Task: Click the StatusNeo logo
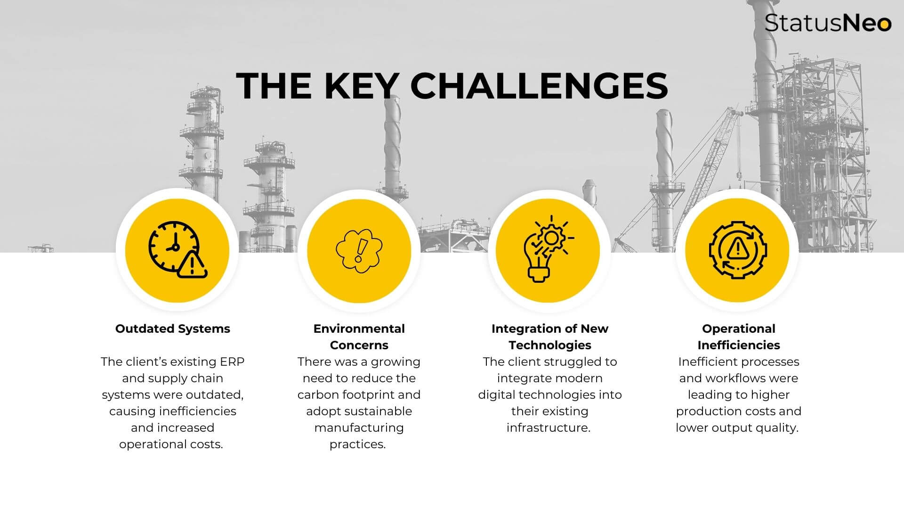pos(828,23)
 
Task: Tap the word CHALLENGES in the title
pos(539,86)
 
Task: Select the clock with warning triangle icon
pos(178,250)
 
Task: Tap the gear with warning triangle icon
pos(738,250)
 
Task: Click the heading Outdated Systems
pos(173,328)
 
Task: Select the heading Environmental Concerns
pos(359,337)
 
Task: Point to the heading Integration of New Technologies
pos(550,337)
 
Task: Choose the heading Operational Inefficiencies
pos(739,337)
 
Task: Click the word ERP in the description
pos(233,361)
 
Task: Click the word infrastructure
pos(549,427)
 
